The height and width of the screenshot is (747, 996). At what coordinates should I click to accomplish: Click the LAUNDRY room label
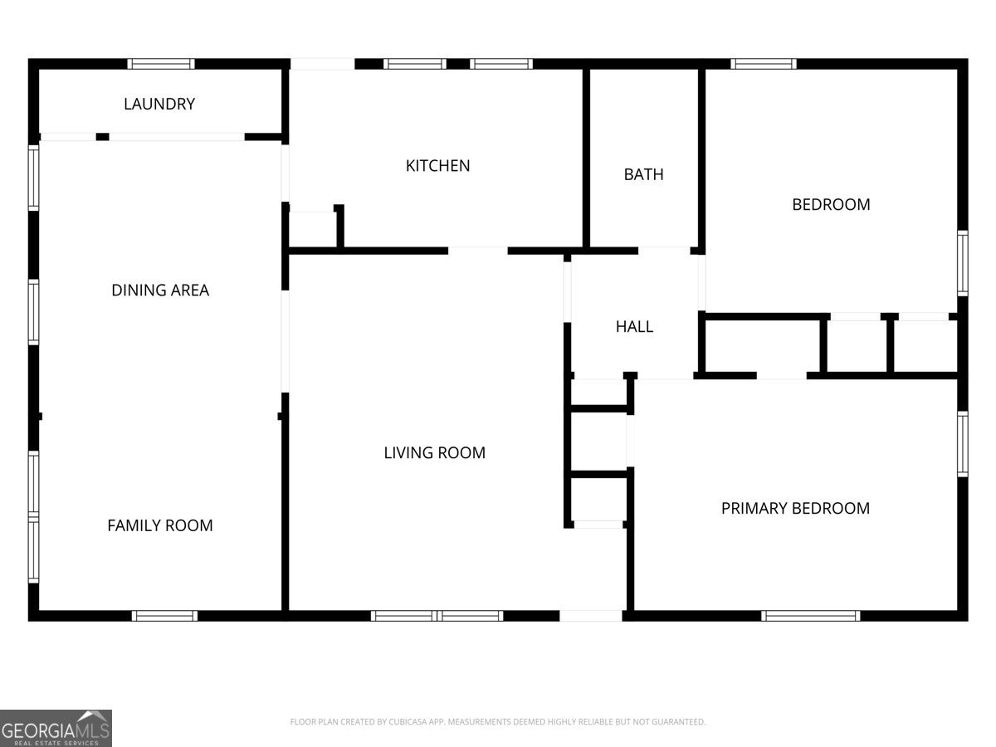pos(159,104)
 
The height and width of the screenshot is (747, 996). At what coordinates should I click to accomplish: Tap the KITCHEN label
pos(437,166)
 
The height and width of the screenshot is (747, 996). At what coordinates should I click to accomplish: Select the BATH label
pos(643,174)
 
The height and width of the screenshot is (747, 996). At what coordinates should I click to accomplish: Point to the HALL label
pos(634,326)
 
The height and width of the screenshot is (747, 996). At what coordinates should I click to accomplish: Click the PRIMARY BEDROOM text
pos(795,509)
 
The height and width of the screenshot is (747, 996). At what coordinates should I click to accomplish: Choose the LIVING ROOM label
pos(434,452)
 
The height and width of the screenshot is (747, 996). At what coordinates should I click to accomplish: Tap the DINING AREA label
pos(160,290)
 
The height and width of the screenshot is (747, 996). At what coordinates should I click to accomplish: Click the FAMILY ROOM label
pos(159,525)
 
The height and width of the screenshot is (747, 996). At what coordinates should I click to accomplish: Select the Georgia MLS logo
pos(56,728)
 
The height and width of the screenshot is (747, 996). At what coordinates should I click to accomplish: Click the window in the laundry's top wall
pos(161,64)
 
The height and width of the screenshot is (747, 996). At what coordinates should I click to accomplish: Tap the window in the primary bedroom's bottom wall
pos(810,616)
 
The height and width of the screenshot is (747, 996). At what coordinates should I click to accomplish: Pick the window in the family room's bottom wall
pos(164,616)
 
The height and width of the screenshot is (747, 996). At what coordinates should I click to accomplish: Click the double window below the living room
pos(437,616)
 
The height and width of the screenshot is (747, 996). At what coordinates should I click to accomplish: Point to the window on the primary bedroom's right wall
pos(963,444)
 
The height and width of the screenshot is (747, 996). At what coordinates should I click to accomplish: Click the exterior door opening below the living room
pos(591,616)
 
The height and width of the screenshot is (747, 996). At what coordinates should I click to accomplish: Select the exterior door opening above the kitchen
pos(323,64)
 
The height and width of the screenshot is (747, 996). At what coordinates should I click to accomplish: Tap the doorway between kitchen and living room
pos(478,251)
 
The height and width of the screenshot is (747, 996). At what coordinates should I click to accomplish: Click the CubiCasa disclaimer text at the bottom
pos(498,721)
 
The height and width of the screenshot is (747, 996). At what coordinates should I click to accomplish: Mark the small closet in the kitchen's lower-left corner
pos(313,230)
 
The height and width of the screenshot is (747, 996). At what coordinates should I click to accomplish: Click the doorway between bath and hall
pos(664,251)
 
